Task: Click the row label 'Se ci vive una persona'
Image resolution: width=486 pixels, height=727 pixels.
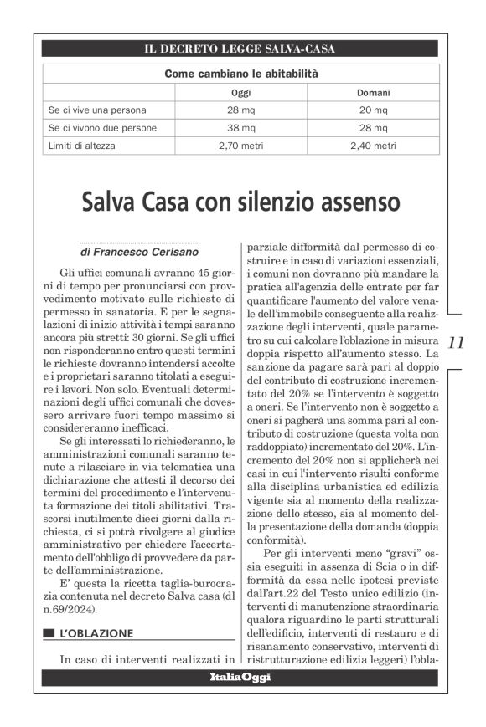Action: coord(98,110)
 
